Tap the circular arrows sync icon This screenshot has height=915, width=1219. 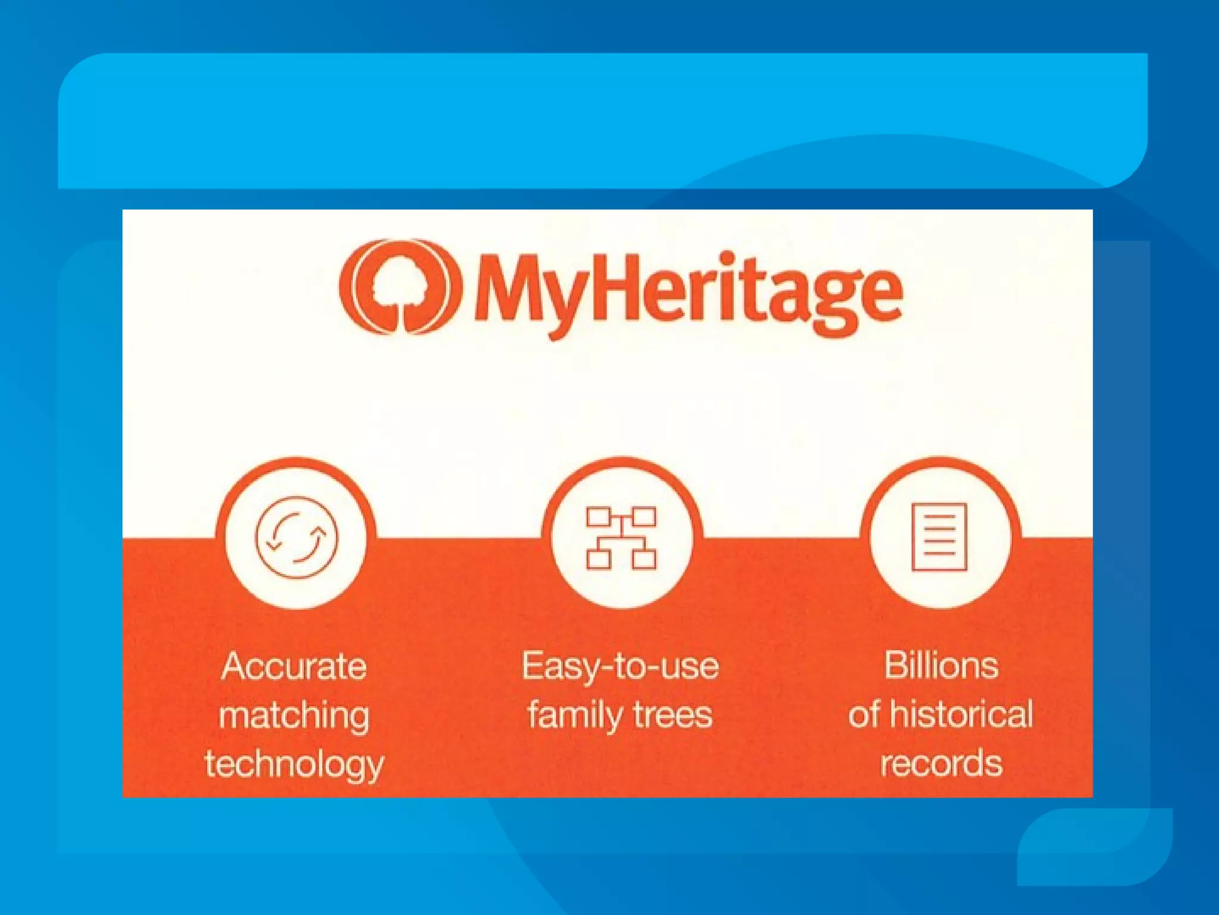[x=296, y=537]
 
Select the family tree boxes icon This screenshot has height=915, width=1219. [x=621, y=538]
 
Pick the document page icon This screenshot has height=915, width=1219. [x=940, y=537]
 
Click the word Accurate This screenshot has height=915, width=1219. [x=294, y=666]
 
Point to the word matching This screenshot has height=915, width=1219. [x=294, y=715]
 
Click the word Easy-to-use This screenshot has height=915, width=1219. [x=620, y=666]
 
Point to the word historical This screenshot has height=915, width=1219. [x=961, y=714]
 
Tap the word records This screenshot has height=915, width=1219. [x=941, y=764]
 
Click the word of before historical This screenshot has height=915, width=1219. [x=864, y=714]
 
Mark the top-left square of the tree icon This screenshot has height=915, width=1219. [x=598, y=517]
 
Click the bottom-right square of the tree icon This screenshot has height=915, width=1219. [x=644, y=559]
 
